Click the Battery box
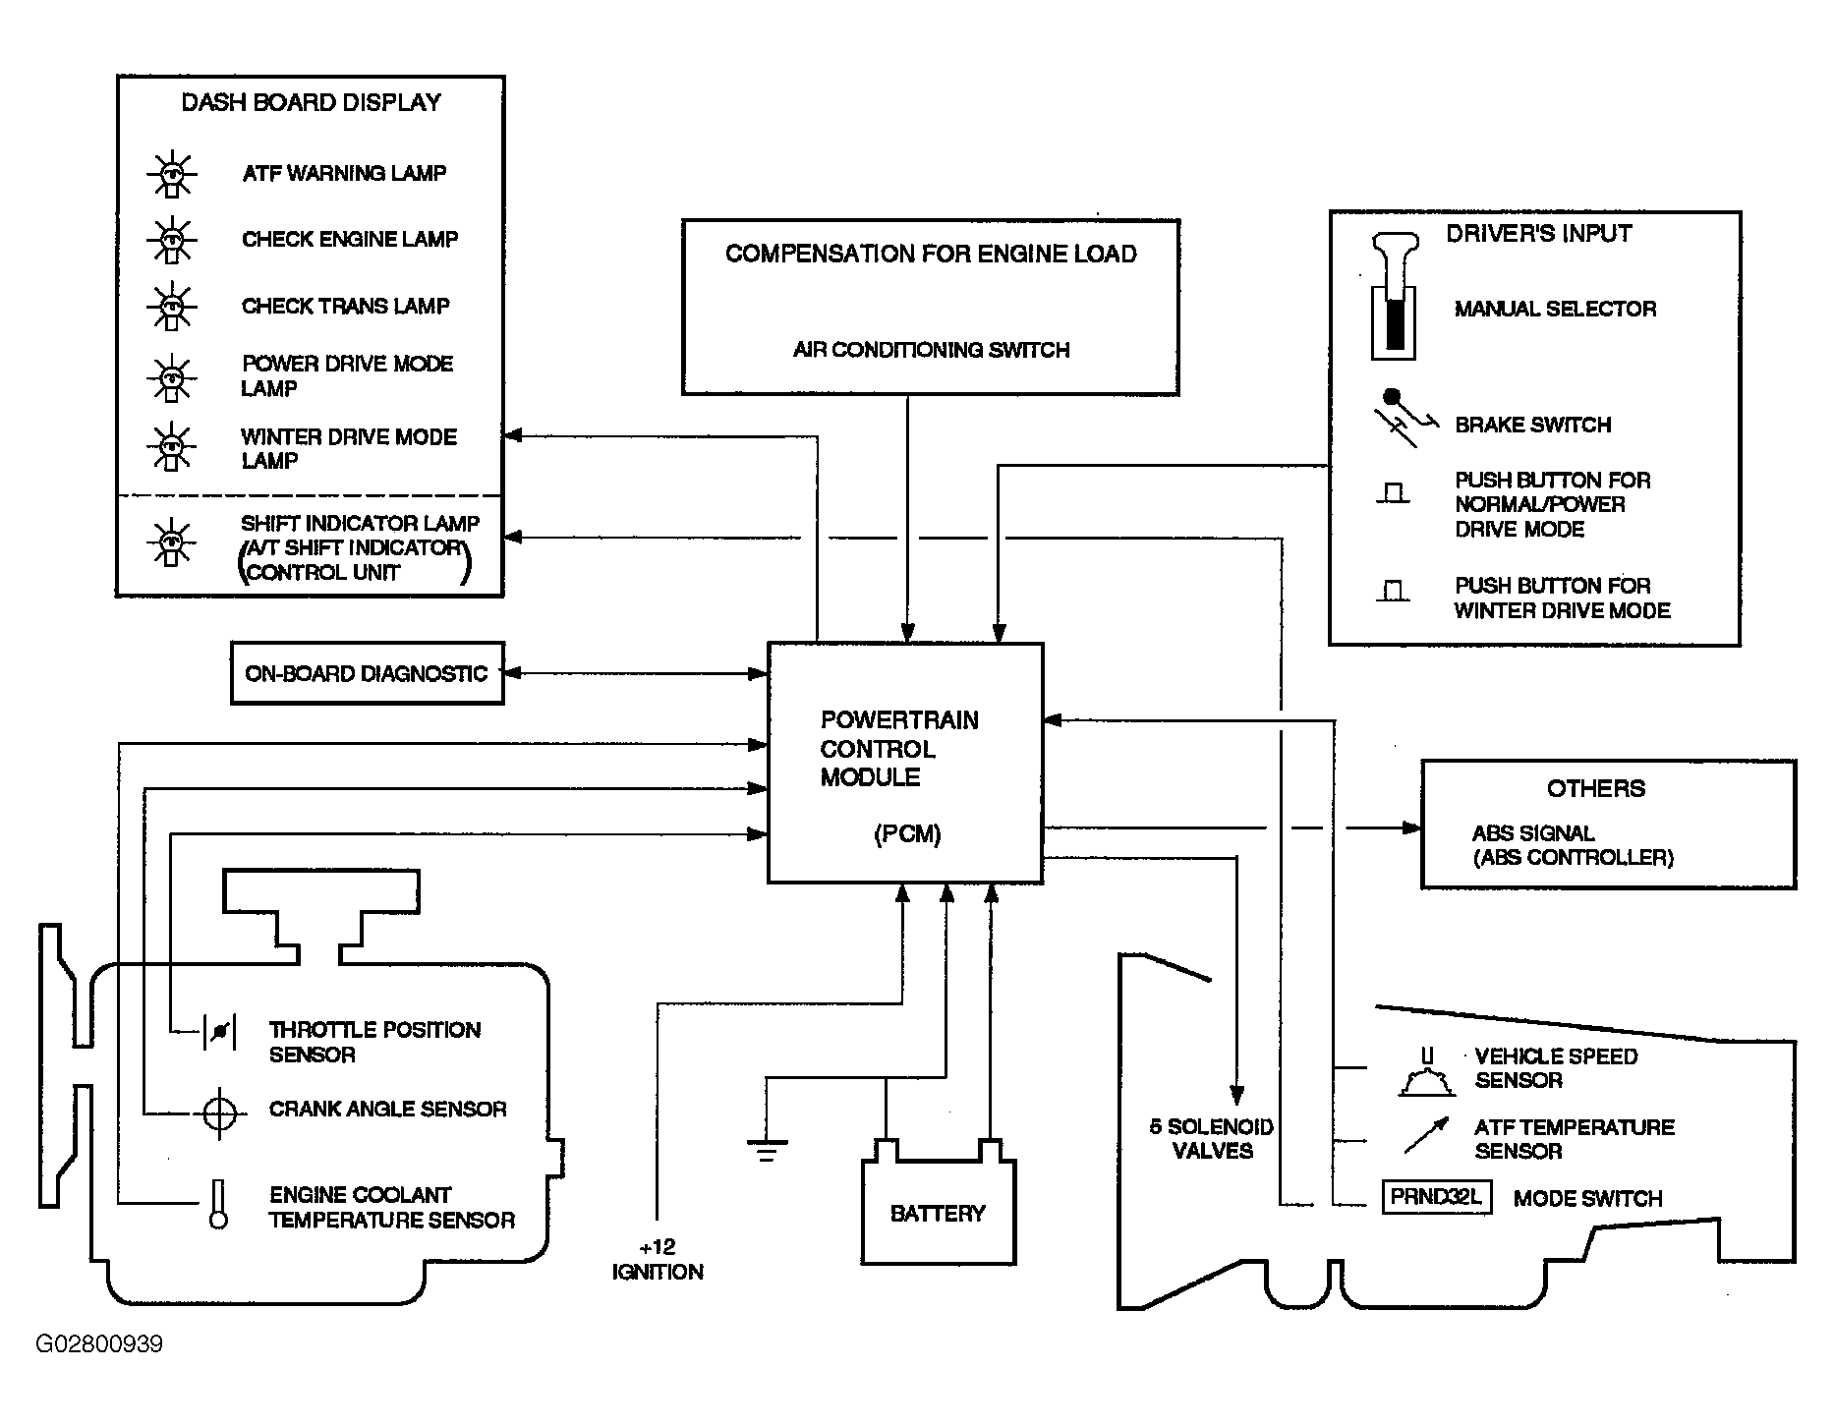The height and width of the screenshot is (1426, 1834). point(938,1211)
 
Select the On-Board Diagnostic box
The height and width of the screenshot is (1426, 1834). point(368,673)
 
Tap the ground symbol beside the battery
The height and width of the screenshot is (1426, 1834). point(767,1149)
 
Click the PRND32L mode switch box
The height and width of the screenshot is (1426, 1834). point(1437,1198)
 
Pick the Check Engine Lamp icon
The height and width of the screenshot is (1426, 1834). point(172,240)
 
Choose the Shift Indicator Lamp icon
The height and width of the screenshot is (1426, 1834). point(172,542)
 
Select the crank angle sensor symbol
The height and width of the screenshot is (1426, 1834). point(219,1113)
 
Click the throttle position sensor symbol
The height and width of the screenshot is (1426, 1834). point(219,1031)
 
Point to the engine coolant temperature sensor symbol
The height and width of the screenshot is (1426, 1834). point(218,1204)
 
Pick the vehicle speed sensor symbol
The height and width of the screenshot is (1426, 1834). point(1426,1073)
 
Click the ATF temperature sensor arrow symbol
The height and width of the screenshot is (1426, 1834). point(1427,1134)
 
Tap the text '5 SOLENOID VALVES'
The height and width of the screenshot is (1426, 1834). point(1212,1139)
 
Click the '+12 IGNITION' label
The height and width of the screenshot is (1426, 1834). point(658,1259)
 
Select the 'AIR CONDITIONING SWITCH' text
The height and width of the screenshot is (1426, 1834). point(931,350)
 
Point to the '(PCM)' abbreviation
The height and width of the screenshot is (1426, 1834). point(907,834)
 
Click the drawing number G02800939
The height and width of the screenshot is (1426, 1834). point(99,1343)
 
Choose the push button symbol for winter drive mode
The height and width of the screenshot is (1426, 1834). point(1393,591)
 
